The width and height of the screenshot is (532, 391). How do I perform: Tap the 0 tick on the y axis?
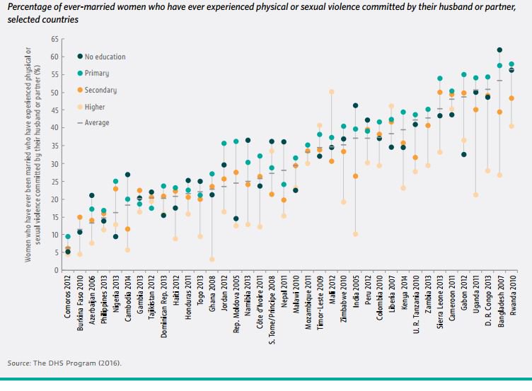(55, 271)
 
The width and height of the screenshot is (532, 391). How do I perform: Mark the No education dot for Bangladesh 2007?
(499, 50)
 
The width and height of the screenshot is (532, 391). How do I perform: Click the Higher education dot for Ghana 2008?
(212, 259)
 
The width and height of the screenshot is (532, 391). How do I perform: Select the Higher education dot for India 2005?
(355, 234)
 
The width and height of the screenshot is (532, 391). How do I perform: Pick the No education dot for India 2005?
(355, 106)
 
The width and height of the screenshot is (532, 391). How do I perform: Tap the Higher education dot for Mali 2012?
(331, 92)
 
